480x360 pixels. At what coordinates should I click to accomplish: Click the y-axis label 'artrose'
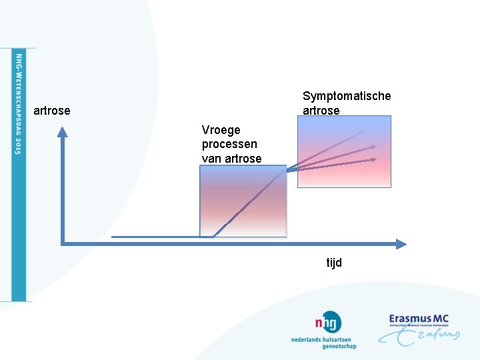pyautogui.click(x=51, y=111)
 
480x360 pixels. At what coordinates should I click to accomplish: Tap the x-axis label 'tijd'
pyautogui.click(x=334, y=263)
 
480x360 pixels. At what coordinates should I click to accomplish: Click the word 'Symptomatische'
pyautogui.click(x=347, y=96)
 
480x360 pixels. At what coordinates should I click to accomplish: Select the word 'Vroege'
pyautogui.click(x=221, y=129)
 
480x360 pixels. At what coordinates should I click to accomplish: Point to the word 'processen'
pyautogui.click(x=229, y=144)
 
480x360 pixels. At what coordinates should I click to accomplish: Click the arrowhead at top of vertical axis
pyautogui.click(x=62, y=131)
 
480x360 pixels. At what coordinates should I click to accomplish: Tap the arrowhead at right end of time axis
pyautogui.click(x=401, y=244)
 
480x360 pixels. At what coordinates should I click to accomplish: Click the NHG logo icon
pyautogui.click(x=329, y=323)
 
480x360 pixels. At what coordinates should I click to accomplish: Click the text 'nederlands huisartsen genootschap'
pyautogui.click(x=323, y=343)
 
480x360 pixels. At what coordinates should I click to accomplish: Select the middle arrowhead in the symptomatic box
pyautogui.click(x=373, y=146)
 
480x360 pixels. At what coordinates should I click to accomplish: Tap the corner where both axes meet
pyautogui.click(x=62, y=244)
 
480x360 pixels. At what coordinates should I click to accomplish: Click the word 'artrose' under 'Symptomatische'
pyautogui.click(x=321, y=111)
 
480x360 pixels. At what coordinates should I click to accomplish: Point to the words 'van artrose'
pyautogui.click(x=231, y=159)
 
